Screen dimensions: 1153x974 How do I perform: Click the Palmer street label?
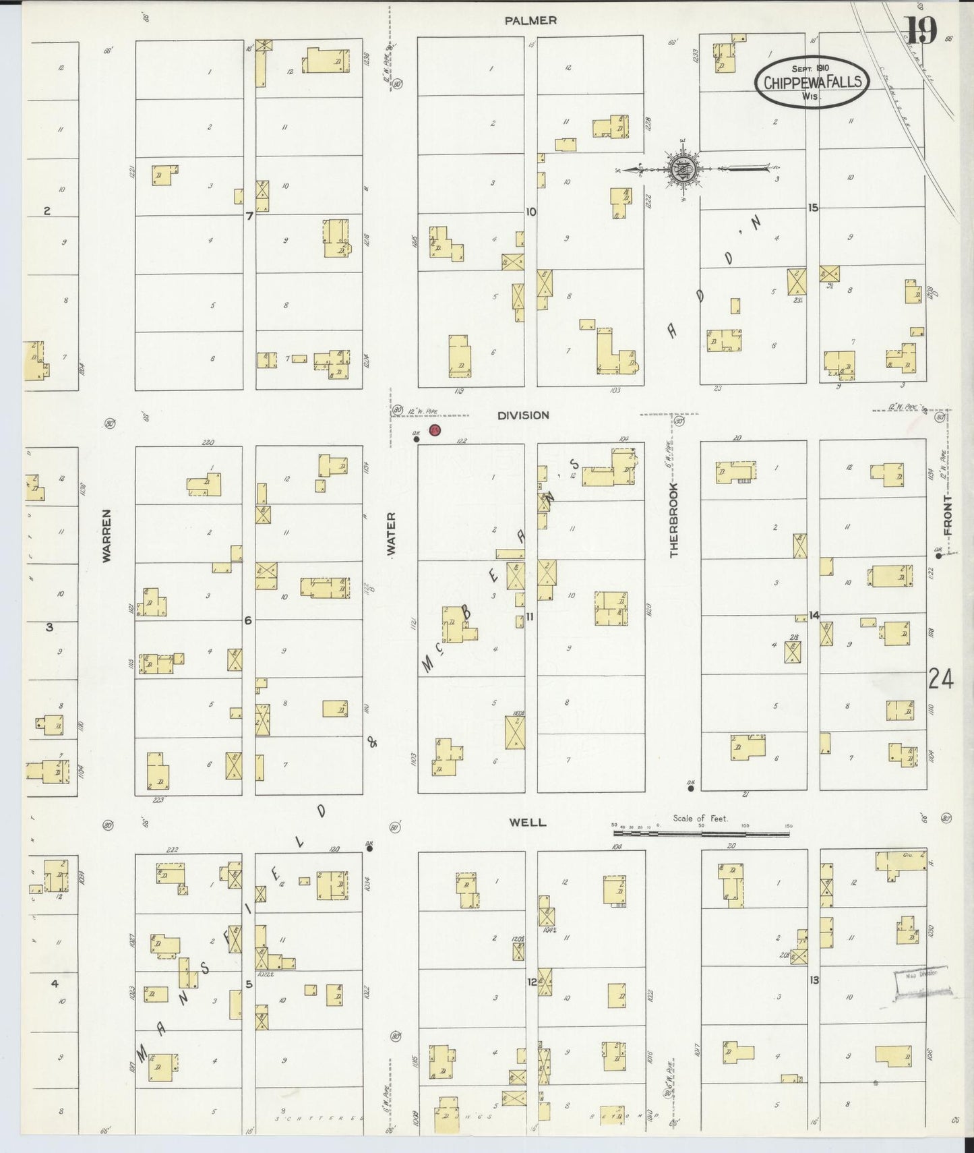(530, 21)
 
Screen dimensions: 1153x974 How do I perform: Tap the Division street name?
(523, 415)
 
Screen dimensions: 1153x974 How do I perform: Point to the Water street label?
(391, 535)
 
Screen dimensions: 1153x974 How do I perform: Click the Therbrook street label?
(673, 520)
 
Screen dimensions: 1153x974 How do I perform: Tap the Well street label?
(527, 823)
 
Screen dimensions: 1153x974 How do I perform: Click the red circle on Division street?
(435, 430)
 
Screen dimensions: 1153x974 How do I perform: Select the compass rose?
(683, 168)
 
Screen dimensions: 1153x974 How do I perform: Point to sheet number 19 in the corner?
(920, 30)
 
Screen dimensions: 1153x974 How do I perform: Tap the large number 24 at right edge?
(940, 680)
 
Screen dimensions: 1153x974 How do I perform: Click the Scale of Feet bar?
(701, 833)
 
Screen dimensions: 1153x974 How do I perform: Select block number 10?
(531, 212)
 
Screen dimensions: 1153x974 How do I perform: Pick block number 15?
(813, 208)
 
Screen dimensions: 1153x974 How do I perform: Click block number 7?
(249, 216)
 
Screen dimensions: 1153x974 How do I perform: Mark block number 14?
(814, 615)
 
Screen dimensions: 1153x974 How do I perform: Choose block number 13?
(814, 980)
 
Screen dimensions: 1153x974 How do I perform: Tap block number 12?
(532, 982)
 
